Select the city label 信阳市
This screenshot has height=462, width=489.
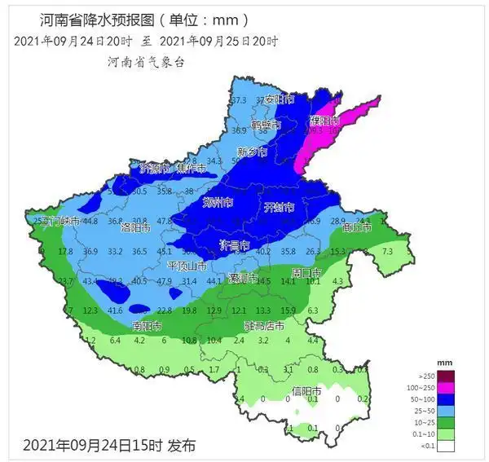[306, 393]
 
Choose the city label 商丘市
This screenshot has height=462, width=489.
[356, 228]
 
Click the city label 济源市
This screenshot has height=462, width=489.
[155, 169]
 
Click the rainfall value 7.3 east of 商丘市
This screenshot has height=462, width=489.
[387, 252]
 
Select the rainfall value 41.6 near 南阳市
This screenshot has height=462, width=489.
[115, 310]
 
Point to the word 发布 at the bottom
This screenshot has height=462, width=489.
[182, 446]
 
